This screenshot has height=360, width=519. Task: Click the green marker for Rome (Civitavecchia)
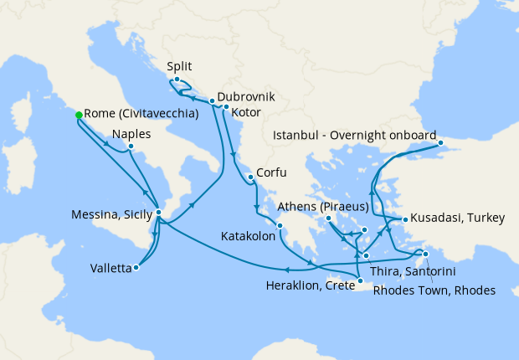(79, 115)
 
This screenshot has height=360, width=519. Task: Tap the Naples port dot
(131, 147)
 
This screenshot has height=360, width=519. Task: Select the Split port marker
(177, 80)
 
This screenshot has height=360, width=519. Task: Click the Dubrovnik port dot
(212, 101)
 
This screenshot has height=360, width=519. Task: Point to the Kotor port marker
(226, 107)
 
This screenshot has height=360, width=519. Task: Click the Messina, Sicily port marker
(158, 213)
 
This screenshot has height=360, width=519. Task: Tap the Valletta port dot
(136, 268)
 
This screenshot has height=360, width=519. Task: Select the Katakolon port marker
(280, 225)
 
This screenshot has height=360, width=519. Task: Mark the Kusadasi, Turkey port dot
(405, 219)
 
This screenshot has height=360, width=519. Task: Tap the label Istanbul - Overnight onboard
(354, 136)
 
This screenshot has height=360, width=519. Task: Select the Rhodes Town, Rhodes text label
(434, 291)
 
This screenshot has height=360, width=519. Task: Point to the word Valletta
(110, 269)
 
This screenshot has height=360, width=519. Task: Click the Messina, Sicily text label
(111, 214)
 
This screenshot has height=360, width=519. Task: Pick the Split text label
(180, 65)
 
